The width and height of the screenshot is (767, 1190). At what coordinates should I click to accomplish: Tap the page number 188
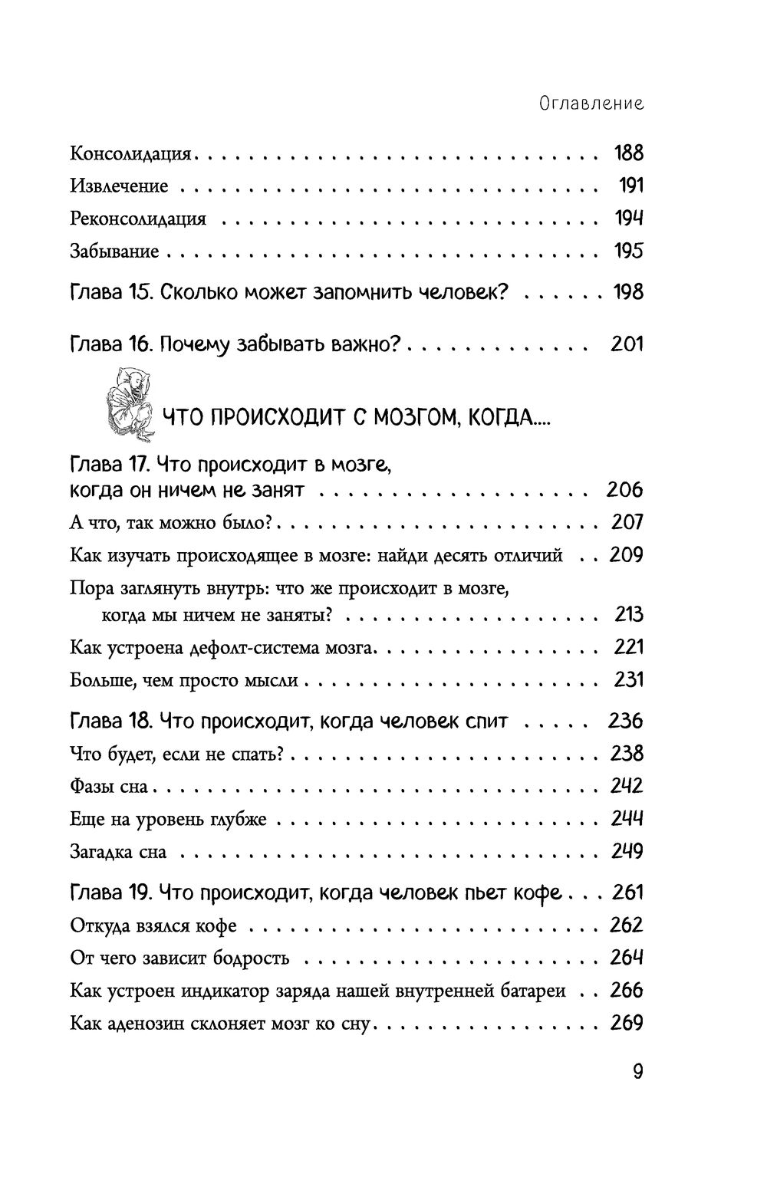click(628, 153)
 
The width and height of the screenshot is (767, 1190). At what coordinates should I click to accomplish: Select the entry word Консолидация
click(130, 154)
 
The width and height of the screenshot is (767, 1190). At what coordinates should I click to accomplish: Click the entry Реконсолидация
click(138, 219)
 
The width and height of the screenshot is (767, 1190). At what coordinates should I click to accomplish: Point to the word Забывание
click(114, 251)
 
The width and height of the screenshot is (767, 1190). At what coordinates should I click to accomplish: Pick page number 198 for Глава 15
click(628, 292)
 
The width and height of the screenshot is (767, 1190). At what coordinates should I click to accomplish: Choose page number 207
click(627, 523)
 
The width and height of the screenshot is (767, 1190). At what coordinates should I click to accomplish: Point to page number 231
click(628, 680)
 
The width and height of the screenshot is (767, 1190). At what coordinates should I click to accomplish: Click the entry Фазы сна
click(114, 787)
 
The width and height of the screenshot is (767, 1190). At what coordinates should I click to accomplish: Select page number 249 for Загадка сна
click(627, 852)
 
